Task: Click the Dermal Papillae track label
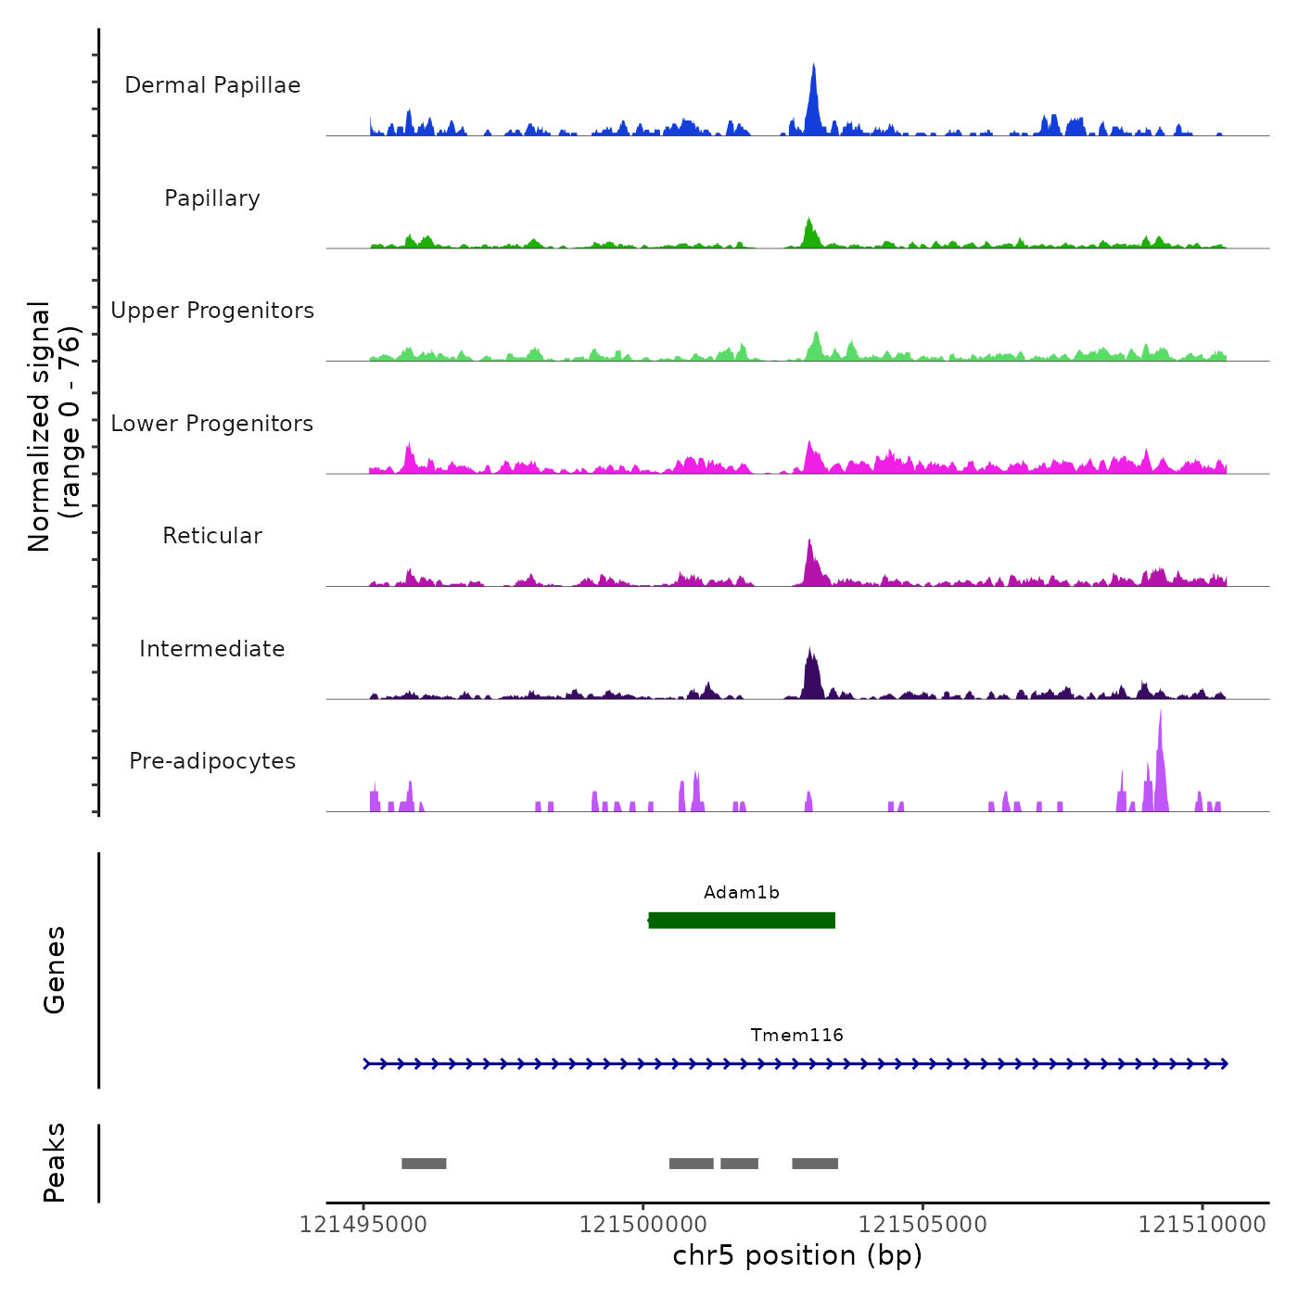(212, 85)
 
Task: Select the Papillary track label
(212, 198)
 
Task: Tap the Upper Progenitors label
(212, 311)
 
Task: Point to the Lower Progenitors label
(212, 424)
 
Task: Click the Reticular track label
(212, 536)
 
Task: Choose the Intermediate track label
(212, 649)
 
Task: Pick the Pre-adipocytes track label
(212, 761)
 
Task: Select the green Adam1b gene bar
(742, 920)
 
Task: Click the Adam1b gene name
(742, 893)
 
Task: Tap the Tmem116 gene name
(797, 1036)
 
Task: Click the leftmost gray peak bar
(424, 1164)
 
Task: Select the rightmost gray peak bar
(815, 1164)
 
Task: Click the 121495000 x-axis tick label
(363, 1225)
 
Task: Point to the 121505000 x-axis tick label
(923, 1225)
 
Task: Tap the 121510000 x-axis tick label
(1203, 1225)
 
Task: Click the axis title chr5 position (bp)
(797, 1255)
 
